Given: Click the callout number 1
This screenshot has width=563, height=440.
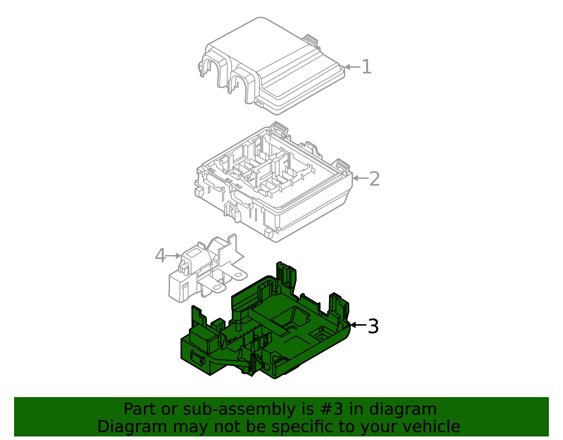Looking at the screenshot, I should click(x=366, y=67).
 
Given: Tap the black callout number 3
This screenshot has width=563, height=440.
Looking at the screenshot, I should click(x=373, y=327).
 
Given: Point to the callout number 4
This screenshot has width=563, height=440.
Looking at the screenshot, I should click(x=160, y=256).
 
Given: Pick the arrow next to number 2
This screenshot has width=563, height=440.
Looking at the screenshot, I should click(x=360, y=179).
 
